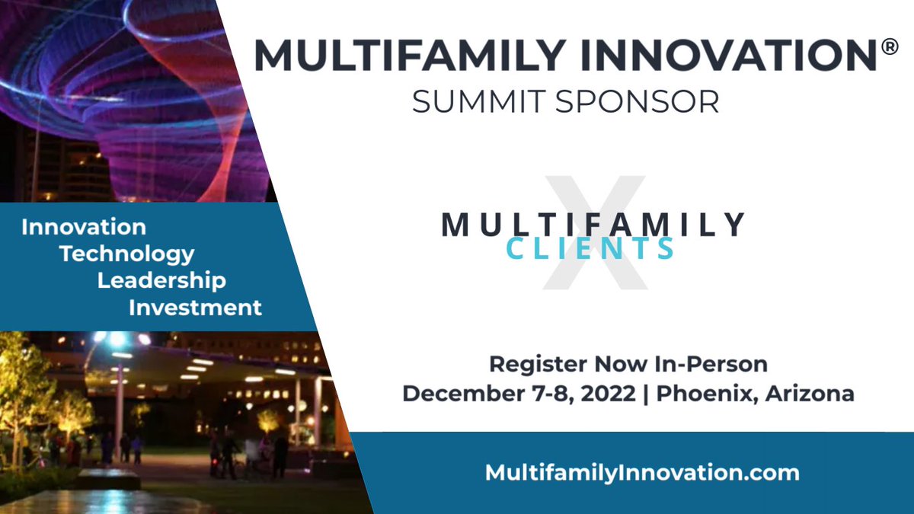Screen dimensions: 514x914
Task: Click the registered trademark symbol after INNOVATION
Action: point(889,47)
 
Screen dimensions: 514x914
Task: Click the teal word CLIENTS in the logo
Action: point(591,248)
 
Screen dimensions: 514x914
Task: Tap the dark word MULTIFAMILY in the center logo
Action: point(593,224)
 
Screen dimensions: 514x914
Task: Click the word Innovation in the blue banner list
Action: point(84,227)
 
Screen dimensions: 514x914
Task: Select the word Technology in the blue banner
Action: point(127,254)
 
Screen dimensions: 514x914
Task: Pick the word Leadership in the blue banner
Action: point(161,280)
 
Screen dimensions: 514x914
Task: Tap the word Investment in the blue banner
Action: point(195,308)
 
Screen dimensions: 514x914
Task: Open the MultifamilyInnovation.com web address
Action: point(642,472)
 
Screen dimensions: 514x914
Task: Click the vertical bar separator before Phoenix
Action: point(646,394)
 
